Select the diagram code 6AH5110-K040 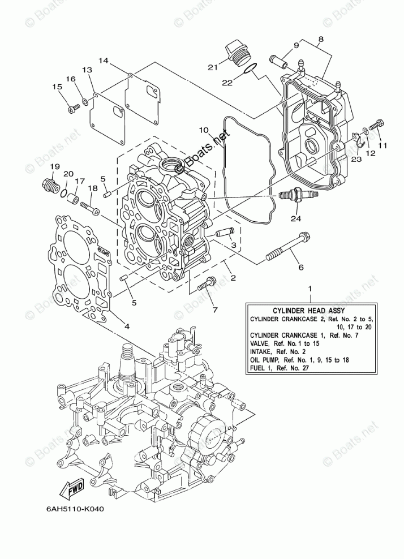70,506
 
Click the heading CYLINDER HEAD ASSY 309,310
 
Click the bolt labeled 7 207,285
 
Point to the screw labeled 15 72,108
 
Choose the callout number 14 102,60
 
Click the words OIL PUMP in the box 265,359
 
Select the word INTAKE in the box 261,351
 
